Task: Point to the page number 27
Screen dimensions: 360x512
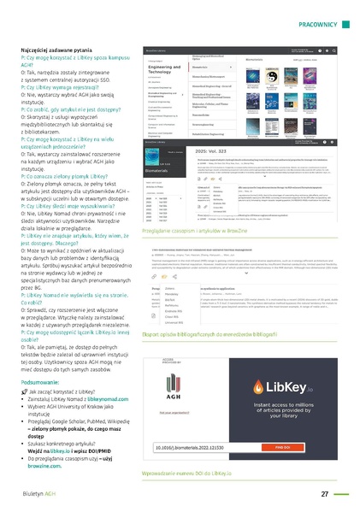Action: pyautogui.click(x=325, y=493)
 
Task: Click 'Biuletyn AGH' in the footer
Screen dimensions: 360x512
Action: pyautogui.click(x=39, y=493)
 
